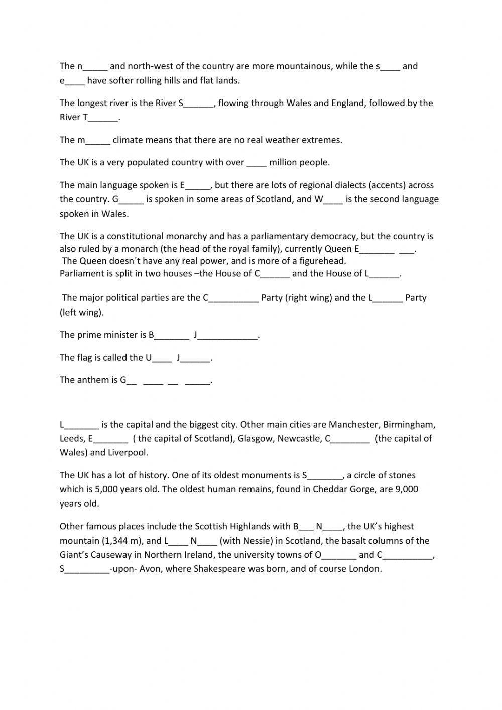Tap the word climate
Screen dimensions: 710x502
[x=128, y=140]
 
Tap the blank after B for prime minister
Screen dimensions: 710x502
[x=172, y=336]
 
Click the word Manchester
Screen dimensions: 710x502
[x=354, y=424]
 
